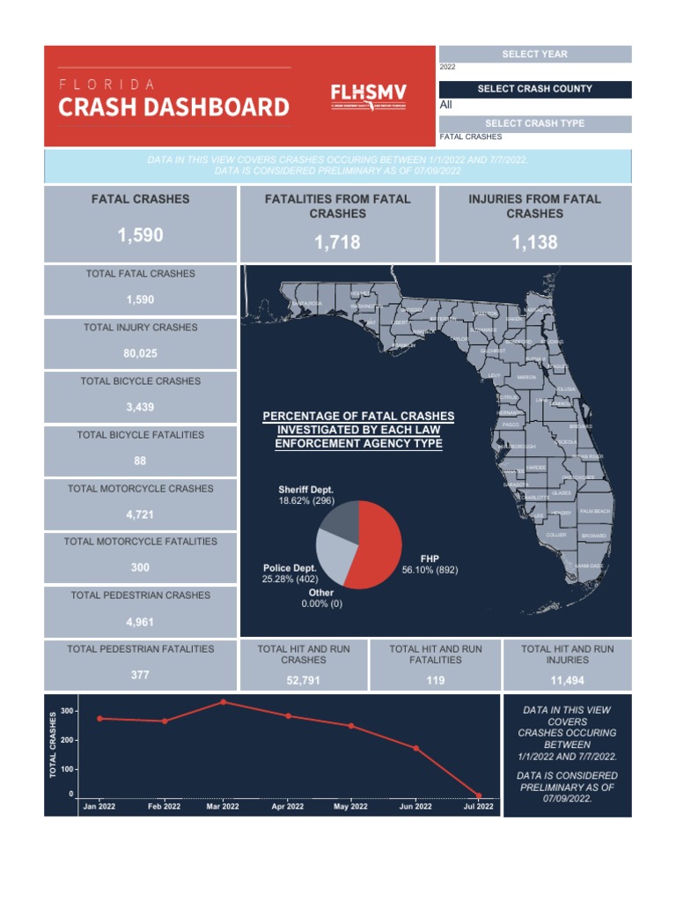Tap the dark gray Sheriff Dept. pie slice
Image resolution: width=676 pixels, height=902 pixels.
(x=339, y=521)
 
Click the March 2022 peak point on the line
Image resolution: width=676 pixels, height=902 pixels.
(x=223, y=702)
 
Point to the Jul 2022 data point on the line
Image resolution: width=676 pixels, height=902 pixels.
(x=479, y=795)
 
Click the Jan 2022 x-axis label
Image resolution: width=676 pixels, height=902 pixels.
(x=99, y=806)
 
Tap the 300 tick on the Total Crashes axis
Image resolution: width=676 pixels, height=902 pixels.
(x=69, y=711)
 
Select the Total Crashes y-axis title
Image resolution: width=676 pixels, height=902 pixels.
(x=53, y=745)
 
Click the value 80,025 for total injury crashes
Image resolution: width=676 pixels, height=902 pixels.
(x=140, y=354)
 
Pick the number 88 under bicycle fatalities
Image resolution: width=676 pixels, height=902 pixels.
(x=140, y=462)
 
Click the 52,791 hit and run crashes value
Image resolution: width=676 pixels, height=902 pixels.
(x=304, y=680)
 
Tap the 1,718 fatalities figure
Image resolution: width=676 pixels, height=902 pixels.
(x=337, y=242)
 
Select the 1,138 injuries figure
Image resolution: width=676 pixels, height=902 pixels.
(x=534, y=242)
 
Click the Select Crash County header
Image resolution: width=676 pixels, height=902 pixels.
(x=534, y=89)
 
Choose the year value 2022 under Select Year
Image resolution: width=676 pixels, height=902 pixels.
(x=448, y=67)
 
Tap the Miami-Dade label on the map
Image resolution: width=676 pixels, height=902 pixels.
(x=589, y=566)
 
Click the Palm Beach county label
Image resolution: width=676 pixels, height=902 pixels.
(x=595, y=512)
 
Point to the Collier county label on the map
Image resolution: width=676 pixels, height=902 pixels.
(x=556, y=535)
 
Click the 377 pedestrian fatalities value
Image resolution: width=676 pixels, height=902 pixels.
(x=140, y=676)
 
